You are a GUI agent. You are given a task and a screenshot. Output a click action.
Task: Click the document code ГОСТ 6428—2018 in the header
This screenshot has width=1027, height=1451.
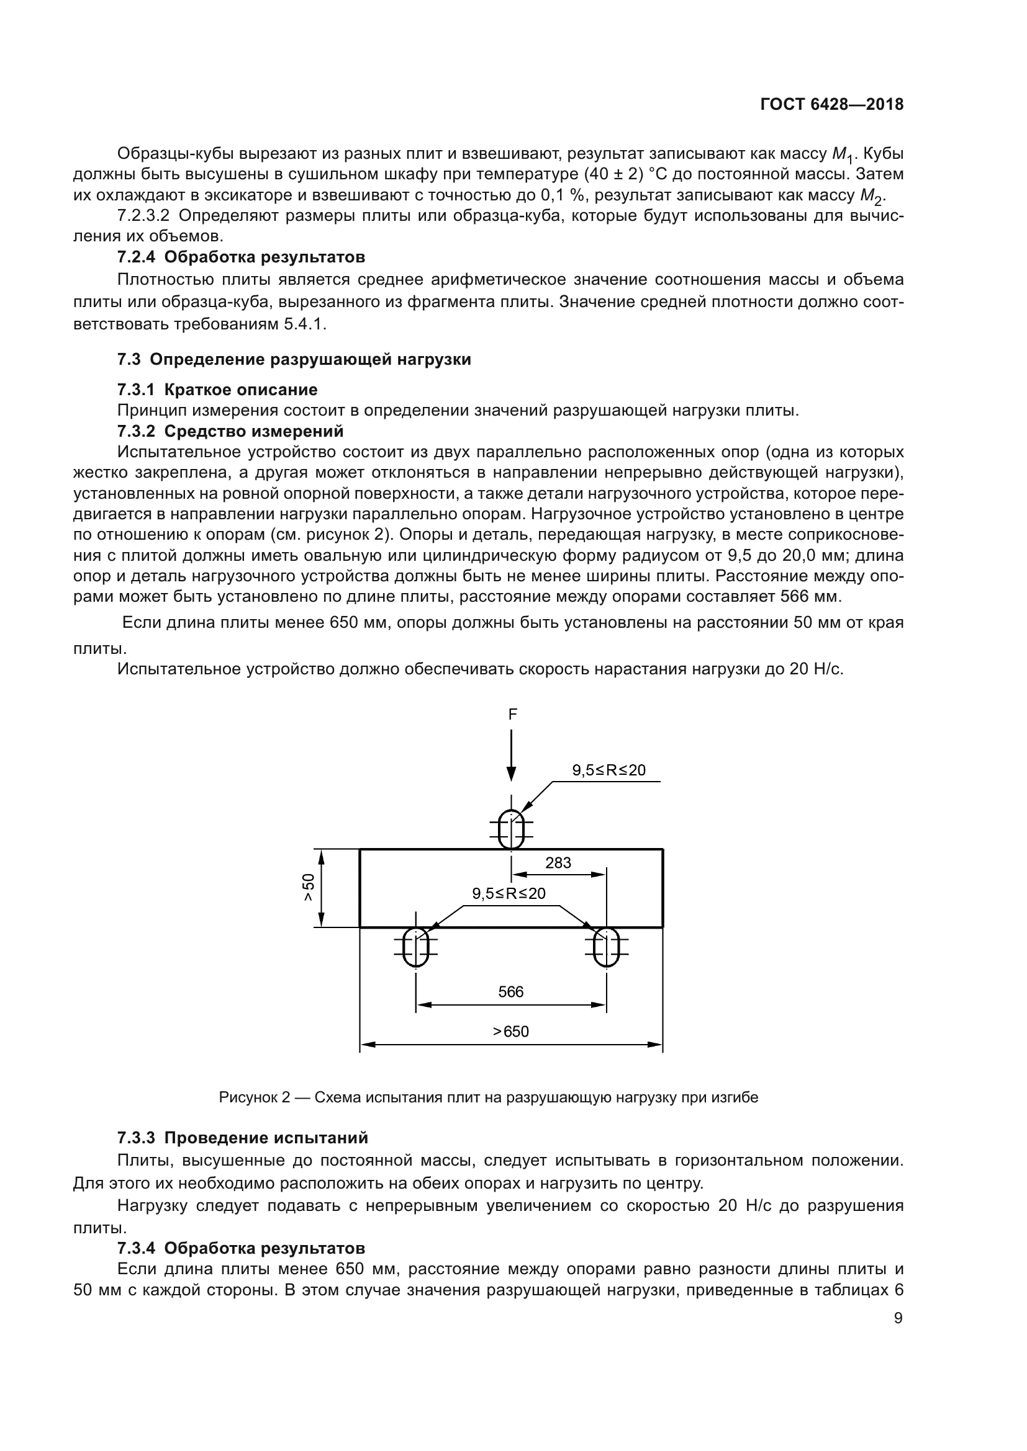tap(831, 105)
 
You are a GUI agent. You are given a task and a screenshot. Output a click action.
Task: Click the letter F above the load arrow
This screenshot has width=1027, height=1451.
tap(512, 714)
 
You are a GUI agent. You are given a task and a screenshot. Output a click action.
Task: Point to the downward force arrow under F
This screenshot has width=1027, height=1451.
tap(511, 756)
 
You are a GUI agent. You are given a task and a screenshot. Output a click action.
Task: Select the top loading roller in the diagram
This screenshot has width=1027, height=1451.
tap(511, 829)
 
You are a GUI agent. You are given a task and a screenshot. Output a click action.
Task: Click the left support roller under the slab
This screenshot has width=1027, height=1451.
tap(415, 946)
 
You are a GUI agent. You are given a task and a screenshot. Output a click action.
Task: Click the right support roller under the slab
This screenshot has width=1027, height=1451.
tap(607, 946)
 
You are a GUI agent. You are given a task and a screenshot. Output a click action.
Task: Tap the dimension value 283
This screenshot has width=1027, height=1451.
tap(558, 863)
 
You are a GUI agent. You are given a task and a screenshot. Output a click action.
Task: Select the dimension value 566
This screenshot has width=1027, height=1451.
tap(510, 991)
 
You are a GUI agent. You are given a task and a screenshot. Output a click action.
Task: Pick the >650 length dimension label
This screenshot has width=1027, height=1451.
tap(510, 1032)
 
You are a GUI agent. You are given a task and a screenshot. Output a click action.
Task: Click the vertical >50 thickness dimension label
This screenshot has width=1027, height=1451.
tap(308, 887)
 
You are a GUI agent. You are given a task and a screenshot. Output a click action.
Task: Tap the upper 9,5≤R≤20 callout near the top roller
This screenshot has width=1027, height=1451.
tap(609, 770)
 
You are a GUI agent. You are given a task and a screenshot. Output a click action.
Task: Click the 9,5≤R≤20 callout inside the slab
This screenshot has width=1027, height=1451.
tap(509, 893)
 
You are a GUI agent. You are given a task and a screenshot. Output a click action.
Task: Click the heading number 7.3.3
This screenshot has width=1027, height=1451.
tap(136, 1138)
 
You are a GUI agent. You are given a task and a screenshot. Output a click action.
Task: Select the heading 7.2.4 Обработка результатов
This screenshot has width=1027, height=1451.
tap(241, 257)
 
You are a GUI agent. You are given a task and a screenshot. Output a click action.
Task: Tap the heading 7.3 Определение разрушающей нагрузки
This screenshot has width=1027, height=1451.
tap(294, 360)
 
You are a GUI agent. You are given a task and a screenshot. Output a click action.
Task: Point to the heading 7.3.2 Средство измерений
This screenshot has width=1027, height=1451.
tap(230, 432)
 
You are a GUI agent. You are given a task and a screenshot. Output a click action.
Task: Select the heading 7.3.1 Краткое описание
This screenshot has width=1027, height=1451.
tap(217, 390)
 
